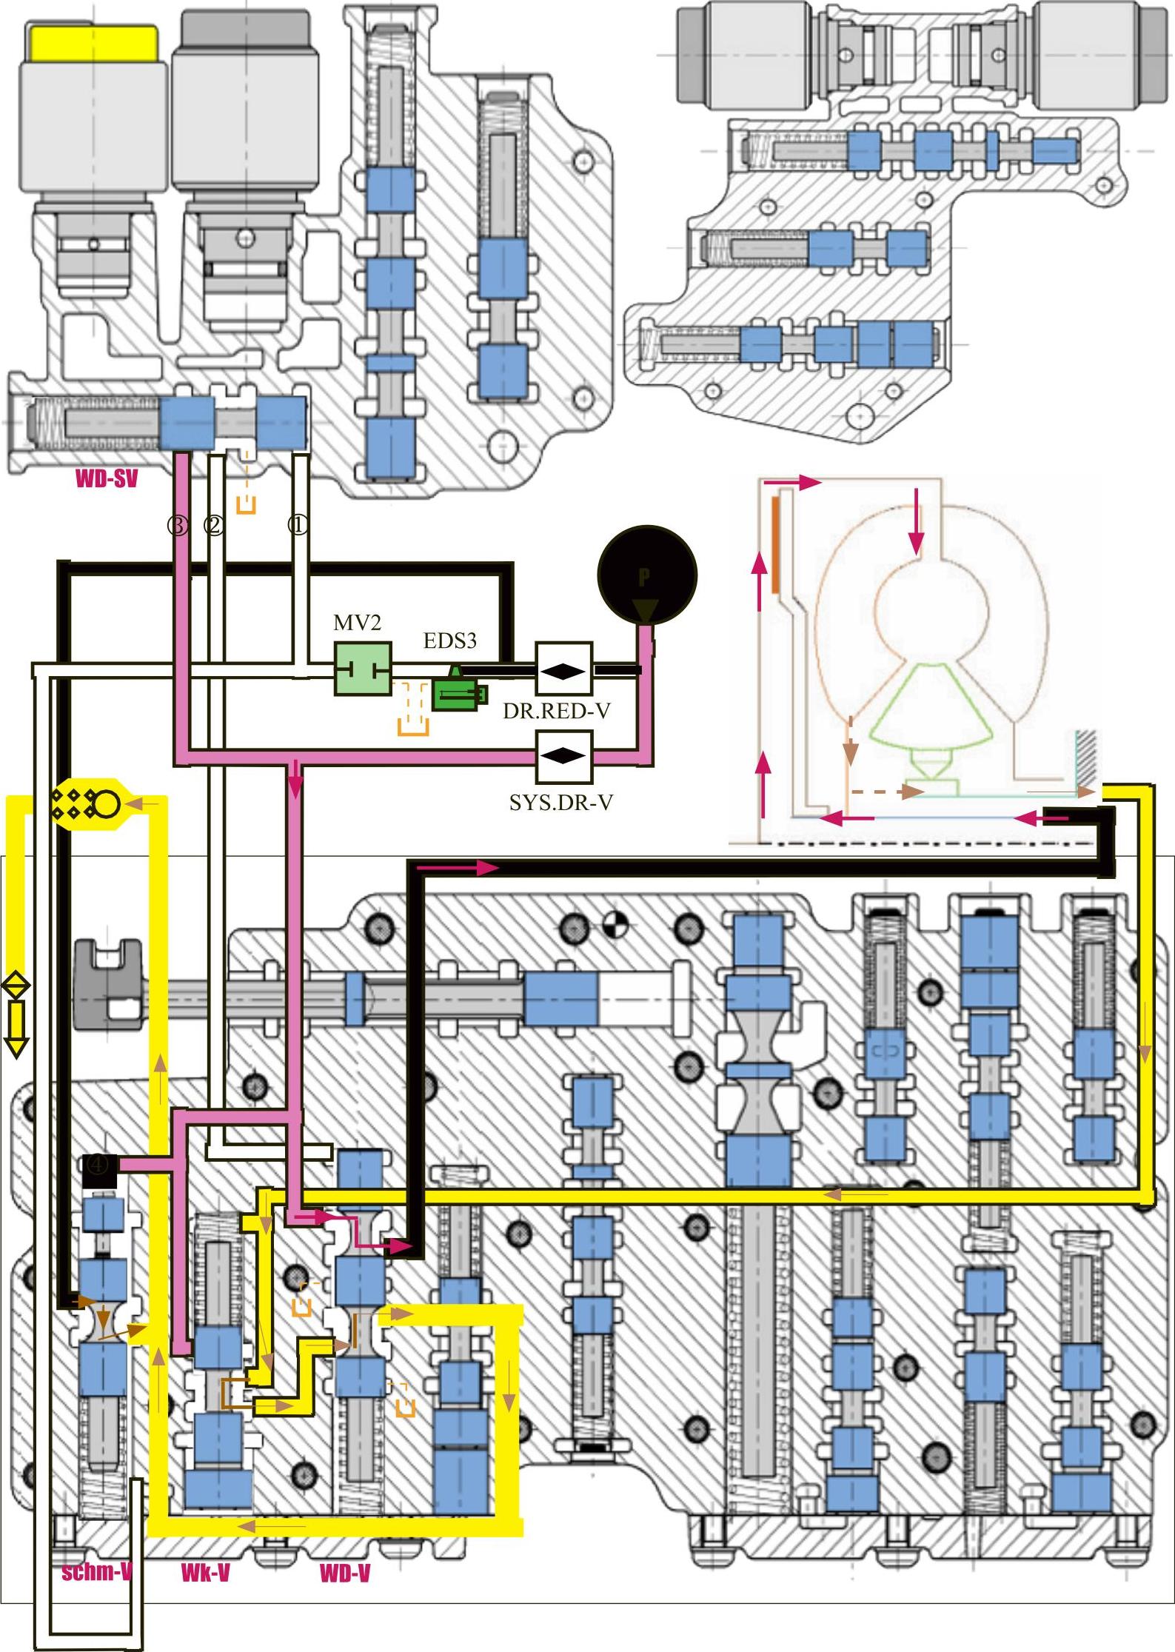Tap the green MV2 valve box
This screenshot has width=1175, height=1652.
[x=362, y=669]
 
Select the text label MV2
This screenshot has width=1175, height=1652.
[x=357, y=623]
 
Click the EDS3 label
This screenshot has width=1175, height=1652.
[x=450, y=641]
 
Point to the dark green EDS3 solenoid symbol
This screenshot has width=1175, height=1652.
[x=459, y=693]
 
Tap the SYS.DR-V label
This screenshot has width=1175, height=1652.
[x=561, y=803]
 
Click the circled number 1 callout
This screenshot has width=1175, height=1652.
[x=298, y=525]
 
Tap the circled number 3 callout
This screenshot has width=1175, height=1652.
[x=178, y=525]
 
